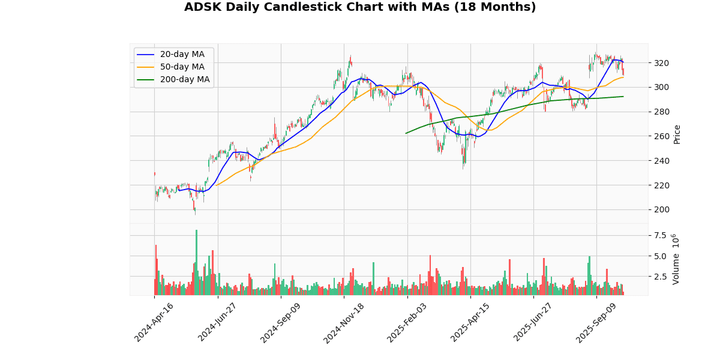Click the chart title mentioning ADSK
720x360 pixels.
pyautogui.click(x=360, y=7)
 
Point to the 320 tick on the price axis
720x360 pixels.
pyautogui.click(x=661, y=63)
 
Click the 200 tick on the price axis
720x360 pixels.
pyautogui.click(x=661, y=209)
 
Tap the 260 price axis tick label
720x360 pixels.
pyautogui.click(x=661, y=136)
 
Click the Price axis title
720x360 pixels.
pyautogui.click(x=677, y=134)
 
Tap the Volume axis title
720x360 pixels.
pyautogui.click(x=676, y=259)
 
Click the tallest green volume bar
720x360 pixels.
pyautogui.click(x=196, y=262)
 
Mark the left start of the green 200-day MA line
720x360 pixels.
pyautogui.click(x=406, y=133)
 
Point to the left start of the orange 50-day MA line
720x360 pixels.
pyautogui.click(x=215, y=185)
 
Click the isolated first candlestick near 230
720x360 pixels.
pyautogui.click(x=154, y=174)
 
